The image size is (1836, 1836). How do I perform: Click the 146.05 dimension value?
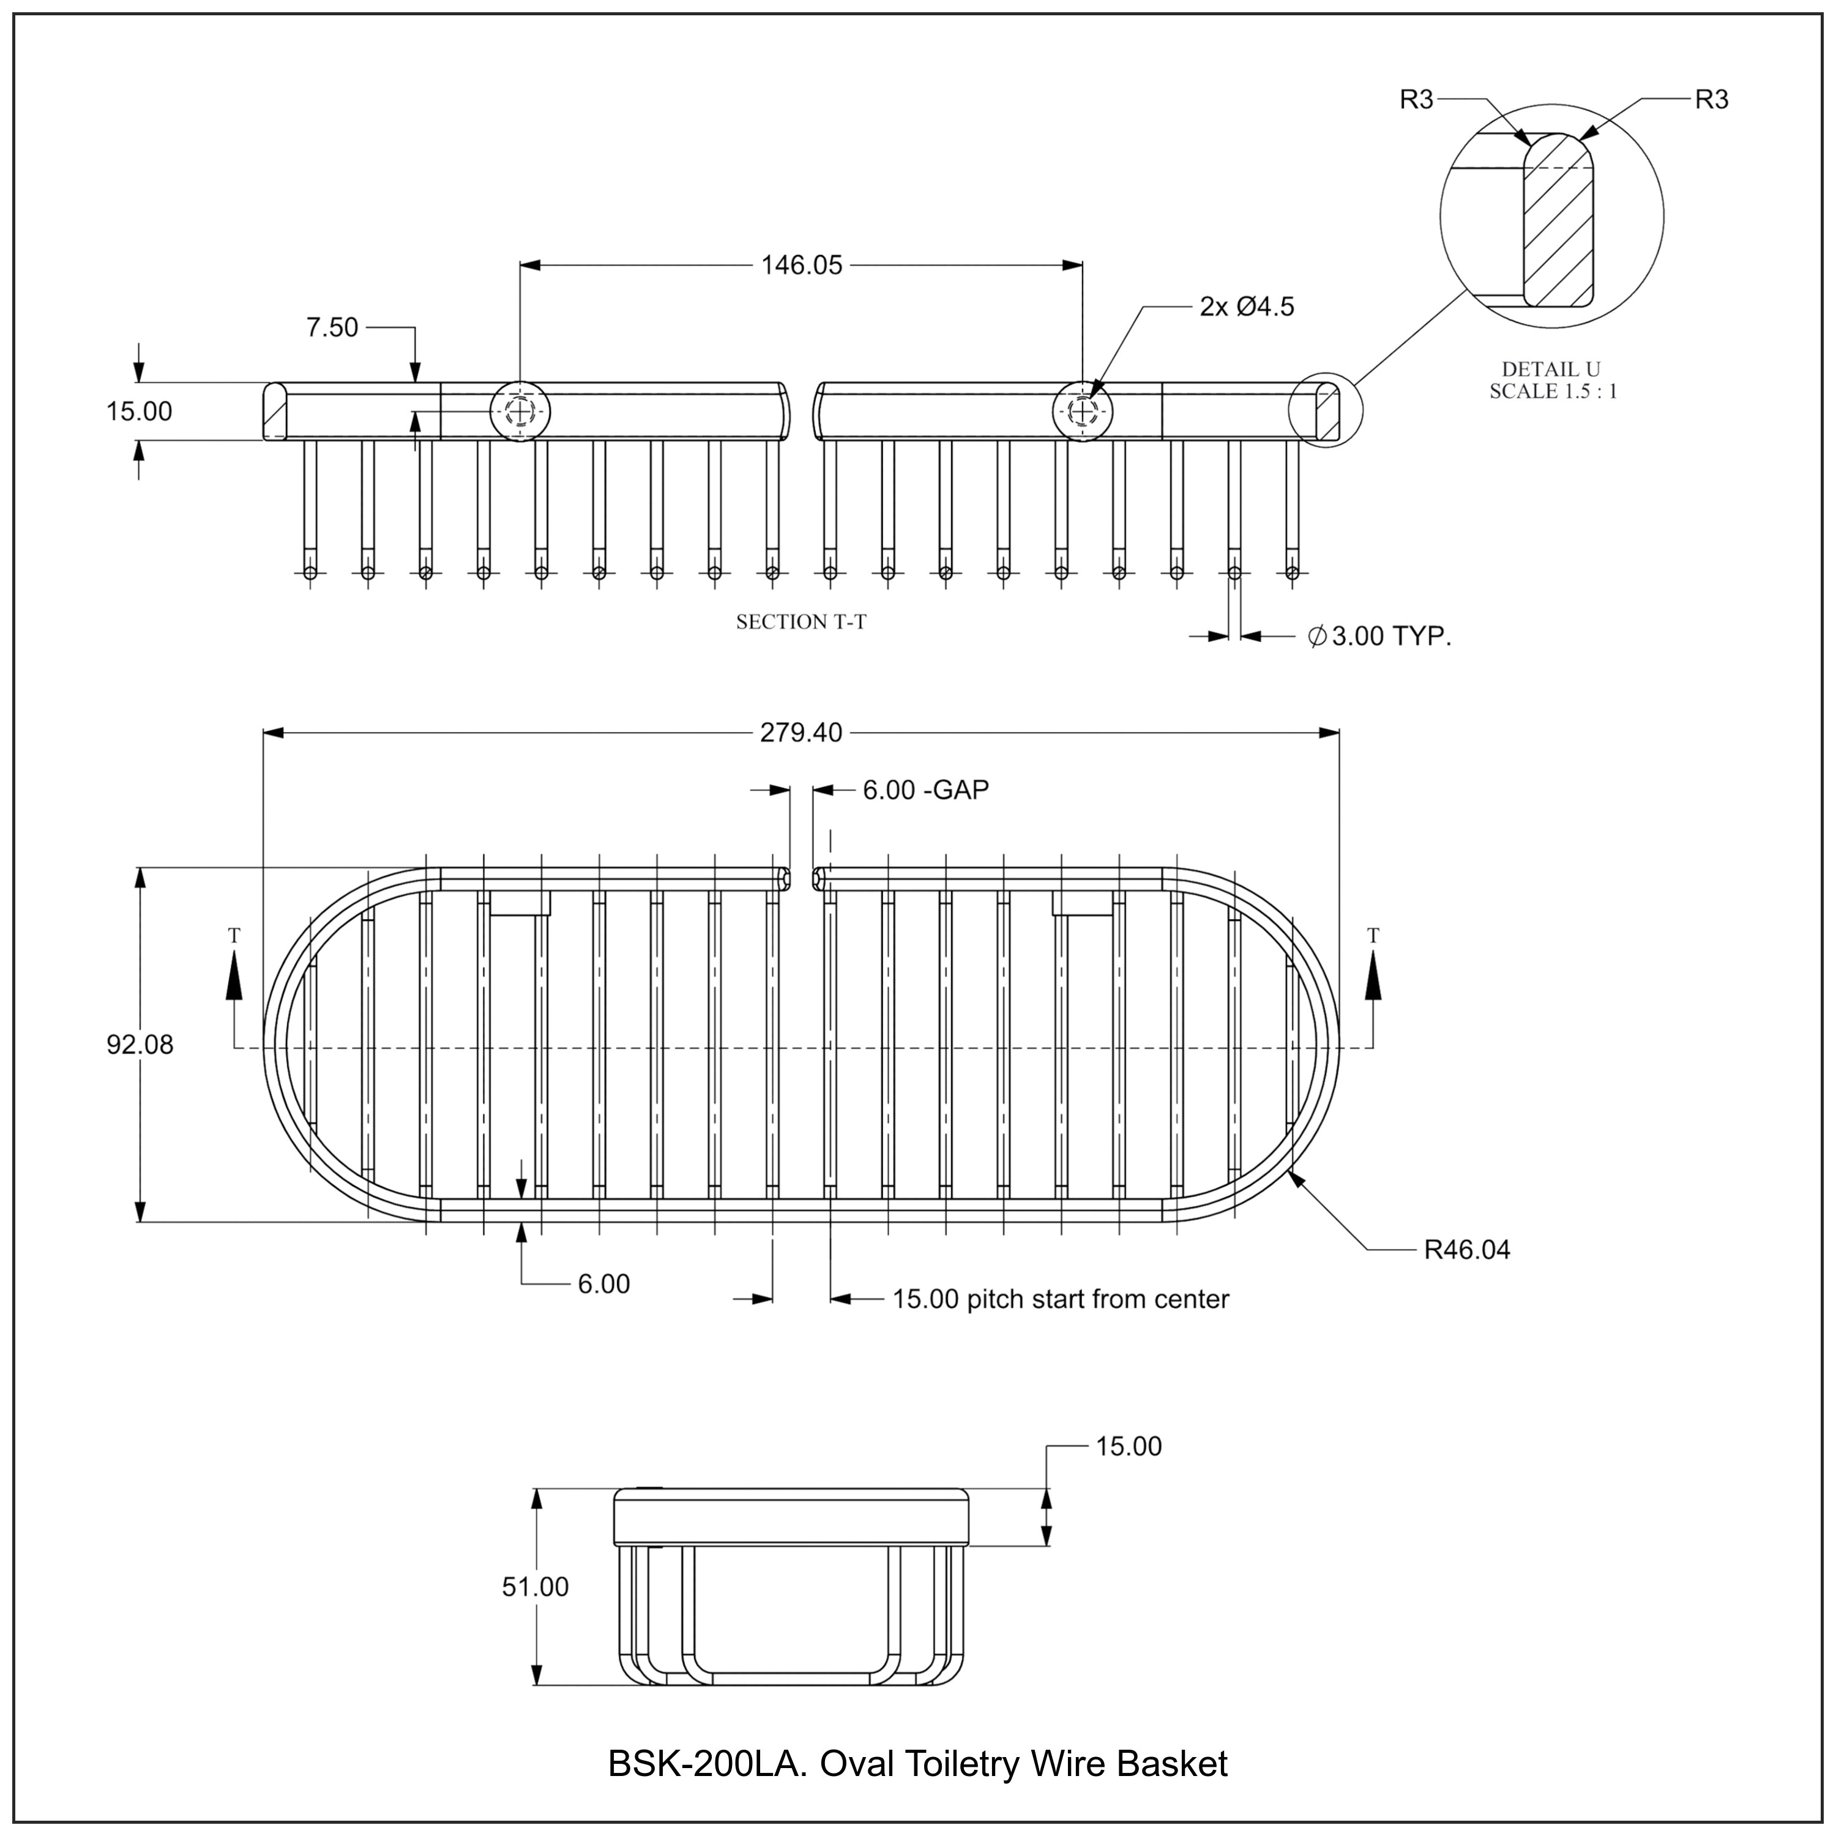(x=801, y=265)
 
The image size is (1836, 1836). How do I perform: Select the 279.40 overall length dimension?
(x=801, y=733)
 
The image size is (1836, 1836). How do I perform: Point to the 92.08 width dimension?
(x=140, y=1045)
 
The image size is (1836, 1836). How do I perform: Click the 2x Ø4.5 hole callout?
(x=1247, y=307)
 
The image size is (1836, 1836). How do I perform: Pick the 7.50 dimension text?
(x=332, y=328)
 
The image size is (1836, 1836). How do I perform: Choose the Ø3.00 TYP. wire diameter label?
(x=1380, y=636)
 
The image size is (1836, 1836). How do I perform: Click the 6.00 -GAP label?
(x=925, y=789)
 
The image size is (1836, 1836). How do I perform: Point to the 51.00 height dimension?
(x=535, y=1586)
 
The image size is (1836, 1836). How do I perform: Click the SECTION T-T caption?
(x=801, y=622)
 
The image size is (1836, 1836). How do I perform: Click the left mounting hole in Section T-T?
(x=520, y=411)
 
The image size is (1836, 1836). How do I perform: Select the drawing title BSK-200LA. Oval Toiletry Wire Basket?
(x=917, y=1764)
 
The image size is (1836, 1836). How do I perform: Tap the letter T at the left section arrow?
(x=235, y=936)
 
